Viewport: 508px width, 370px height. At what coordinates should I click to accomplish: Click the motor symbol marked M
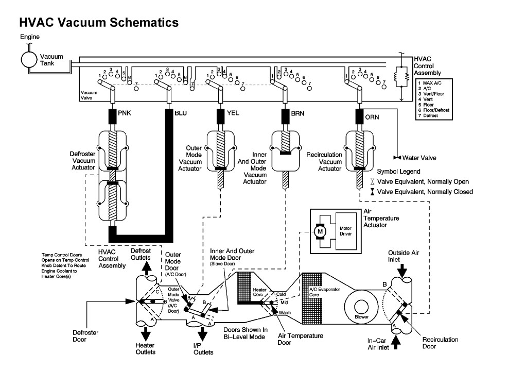(321, 232)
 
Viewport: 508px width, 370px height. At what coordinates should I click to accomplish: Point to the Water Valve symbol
(397, 157)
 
